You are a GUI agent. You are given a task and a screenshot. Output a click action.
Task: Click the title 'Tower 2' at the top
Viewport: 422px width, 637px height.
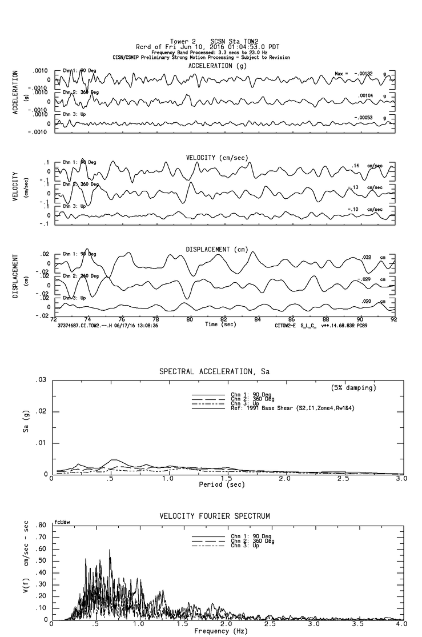[183, 41]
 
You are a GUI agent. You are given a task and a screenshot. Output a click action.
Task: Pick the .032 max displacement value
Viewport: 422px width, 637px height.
[367, 258]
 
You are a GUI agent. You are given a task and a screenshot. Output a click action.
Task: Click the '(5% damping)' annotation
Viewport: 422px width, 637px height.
[353, 388]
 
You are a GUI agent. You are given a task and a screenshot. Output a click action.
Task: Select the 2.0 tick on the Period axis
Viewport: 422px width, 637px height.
[284, 478]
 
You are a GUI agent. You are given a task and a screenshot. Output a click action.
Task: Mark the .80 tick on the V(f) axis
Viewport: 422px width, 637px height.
[41, 526]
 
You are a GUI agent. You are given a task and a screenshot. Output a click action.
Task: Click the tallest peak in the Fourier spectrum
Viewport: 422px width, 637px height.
[110, 550]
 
